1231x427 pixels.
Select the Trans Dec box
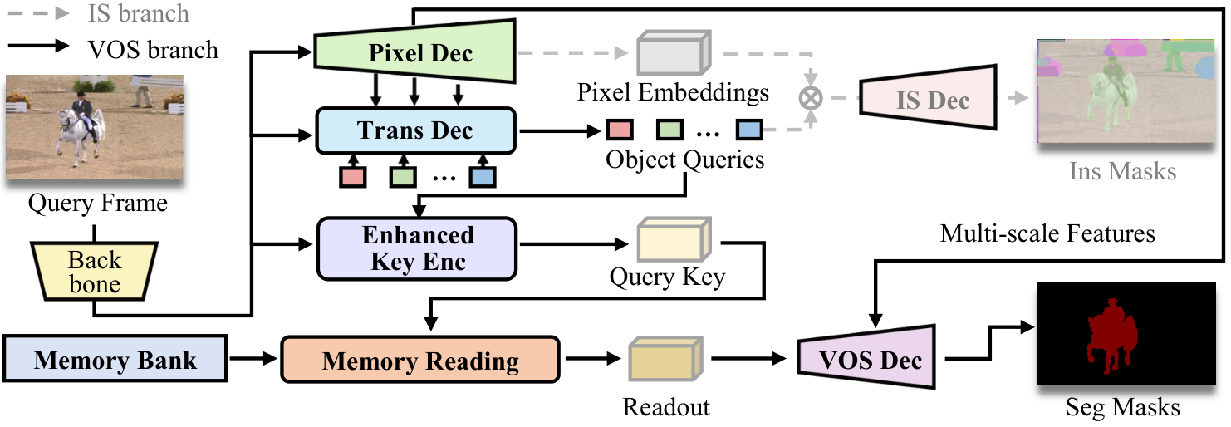pyautogui.click(x=415, y=130)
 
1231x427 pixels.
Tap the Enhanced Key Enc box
pyautogui.click(x=417, y=247)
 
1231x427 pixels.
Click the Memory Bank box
pyautogui.click(x=115, y=360)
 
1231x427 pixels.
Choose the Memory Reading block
pyautogui.click(x=420, y=361)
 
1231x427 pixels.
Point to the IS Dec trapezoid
pyautogui.click(x=929, y=101)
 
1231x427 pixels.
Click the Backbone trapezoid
pyautogui.click(x=94, y=272)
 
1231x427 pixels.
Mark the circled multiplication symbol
pyautogui.click(x=809, y=97)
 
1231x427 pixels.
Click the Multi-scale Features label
pyautogui.click(x=1047, y=233)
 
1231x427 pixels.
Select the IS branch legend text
pyautogui.click(x=138, y=14)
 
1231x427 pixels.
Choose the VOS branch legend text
pyautogui.click(x=153, y=49)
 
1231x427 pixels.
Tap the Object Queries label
pyautogui.click(x=685, y=159)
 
